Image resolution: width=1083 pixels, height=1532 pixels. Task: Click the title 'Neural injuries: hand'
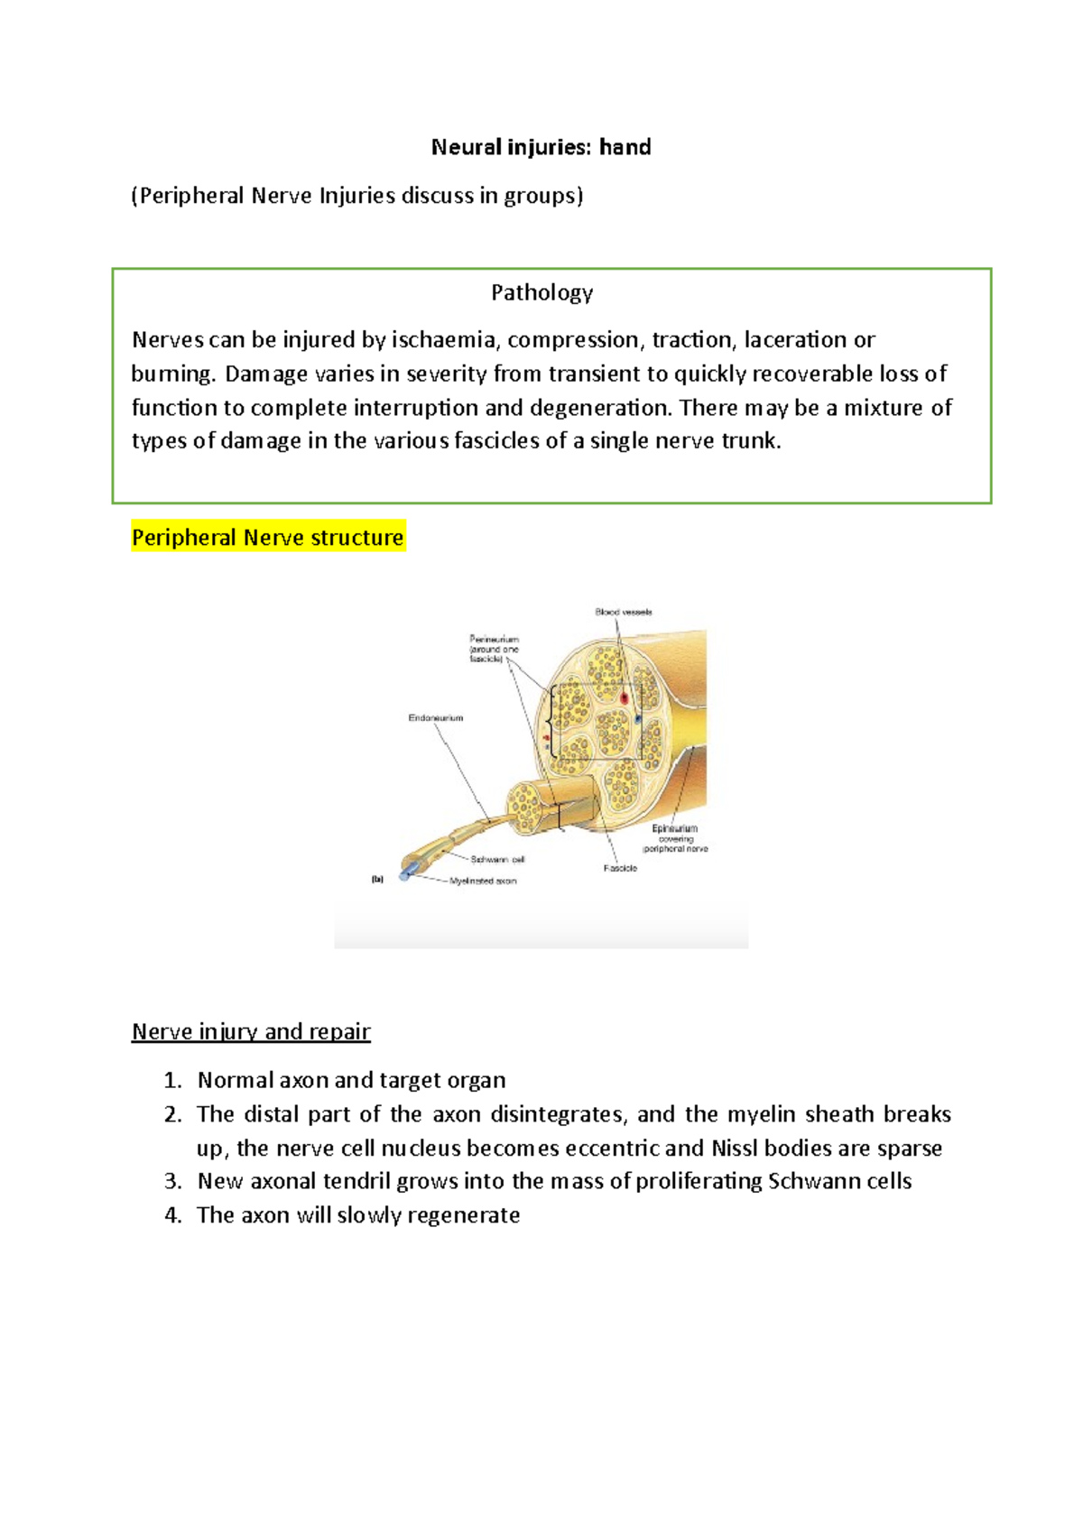pos(541,147)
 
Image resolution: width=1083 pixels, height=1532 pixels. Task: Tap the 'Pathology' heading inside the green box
pos(541,292)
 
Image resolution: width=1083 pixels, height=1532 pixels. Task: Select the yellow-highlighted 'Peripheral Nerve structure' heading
pos(267,538)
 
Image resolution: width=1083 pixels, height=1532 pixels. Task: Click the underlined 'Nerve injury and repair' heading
pos(251,1031)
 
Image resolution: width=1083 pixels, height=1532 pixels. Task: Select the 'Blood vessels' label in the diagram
pos(623,612)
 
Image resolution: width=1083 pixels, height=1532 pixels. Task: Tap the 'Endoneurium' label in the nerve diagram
pos(435,718)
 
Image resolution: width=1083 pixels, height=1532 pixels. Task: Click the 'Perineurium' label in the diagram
pos(494,640)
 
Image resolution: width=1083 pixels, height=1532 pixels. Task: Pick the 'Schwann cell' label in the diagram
pos(497,860)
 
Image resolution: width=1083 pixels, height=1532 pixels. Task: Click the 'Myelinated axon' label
pos(483,881)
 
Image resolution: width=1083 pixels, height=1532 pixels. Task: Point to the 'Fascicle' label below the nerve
pos(620,868)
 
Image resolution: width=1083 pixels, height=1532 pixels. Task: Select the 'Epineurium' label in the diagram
pos(674,828)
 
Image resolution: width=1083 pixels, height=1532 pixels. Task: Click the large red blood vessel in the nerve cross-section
pos(624,698)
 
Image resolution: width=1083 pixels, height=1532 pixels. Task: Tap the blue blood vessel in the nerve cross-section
pos(637,719)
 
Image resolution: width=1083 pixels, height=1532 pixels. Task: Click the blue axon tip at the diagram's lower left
pos(405,873)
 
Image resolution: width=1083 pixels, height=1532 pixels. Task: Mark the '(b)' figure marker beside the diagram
pos(377,879)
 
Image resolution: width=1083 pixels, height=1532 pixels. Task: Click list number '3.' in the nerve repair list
pos(173,1182)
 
